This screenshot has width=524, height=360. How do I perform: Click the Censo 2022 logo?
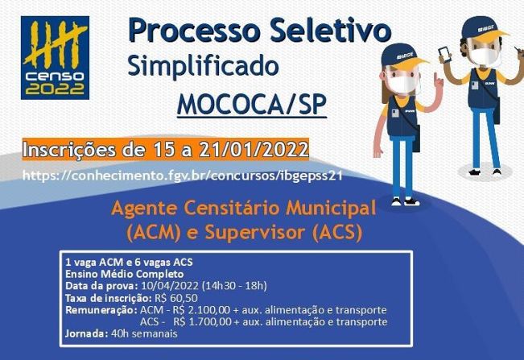click(x=56, y=57)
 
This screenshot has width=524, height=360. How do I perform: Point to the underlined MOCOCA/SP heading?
click(x=251, y=106)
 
